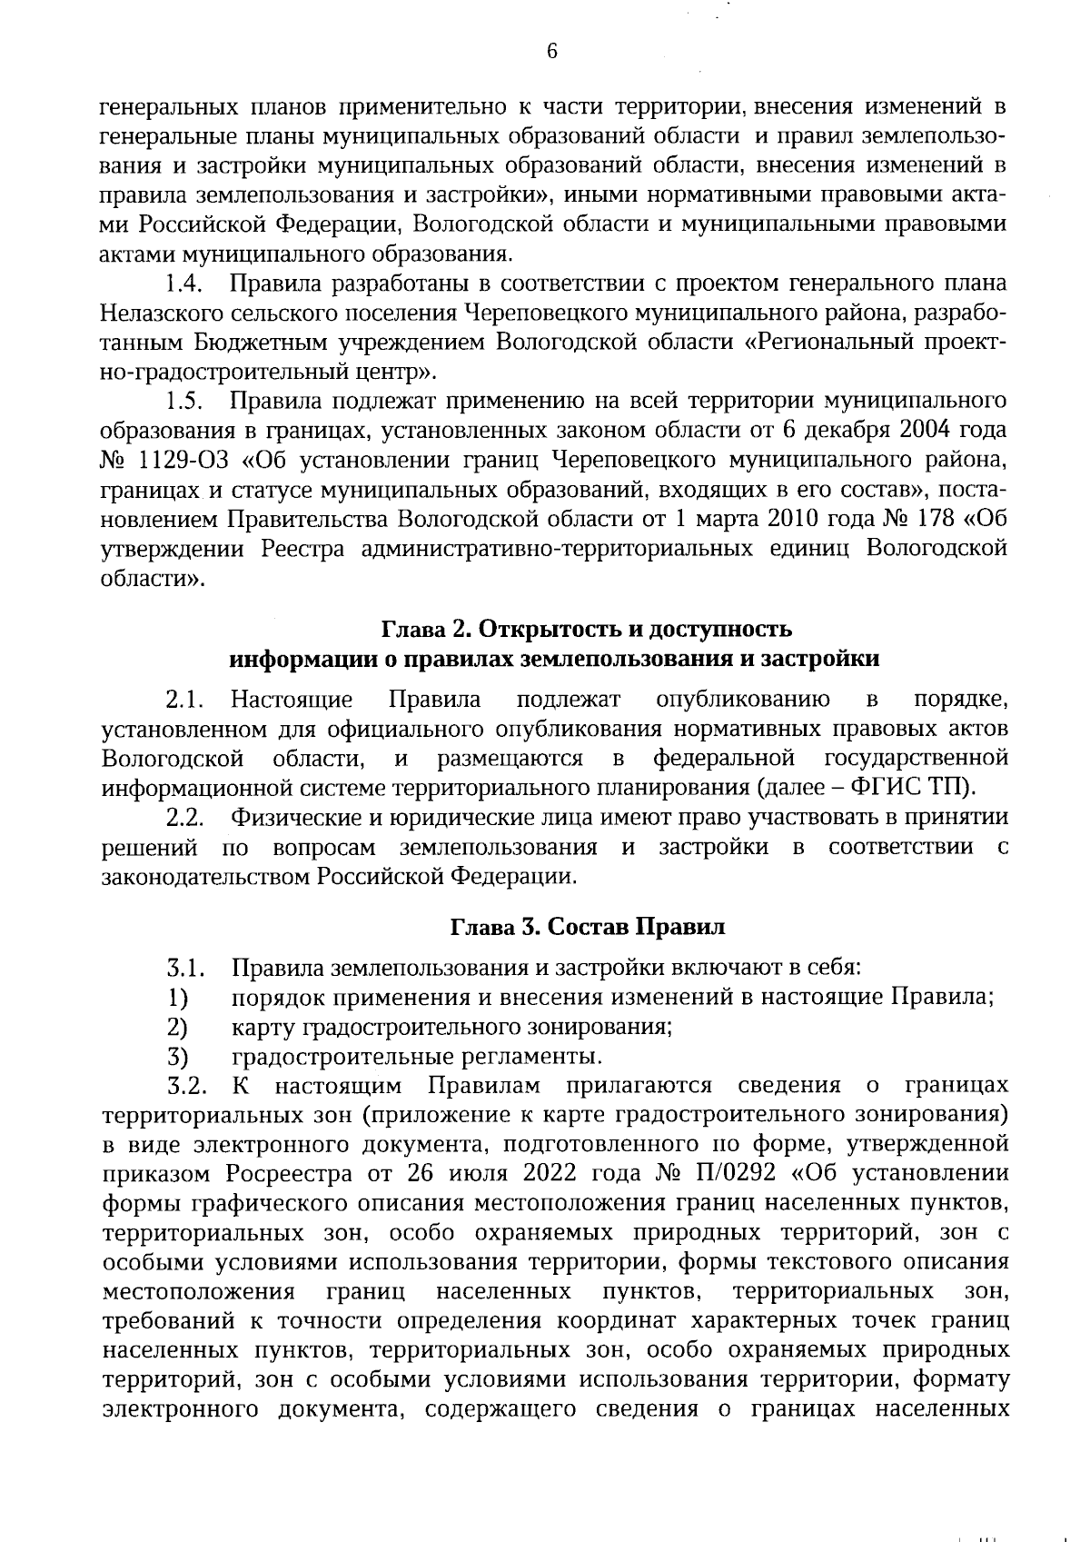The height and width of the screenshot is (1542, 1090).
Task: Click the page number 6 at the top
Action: pos(550,52)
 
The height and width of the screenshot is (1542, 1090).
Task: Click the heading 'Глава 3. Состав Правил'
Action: pos(589,928)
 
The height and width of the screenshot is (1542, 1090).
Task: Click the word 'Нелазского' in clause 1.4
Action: pos(170,313)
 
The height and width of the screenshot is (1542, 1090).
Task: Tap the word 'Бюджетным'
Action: pos(250,343)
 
